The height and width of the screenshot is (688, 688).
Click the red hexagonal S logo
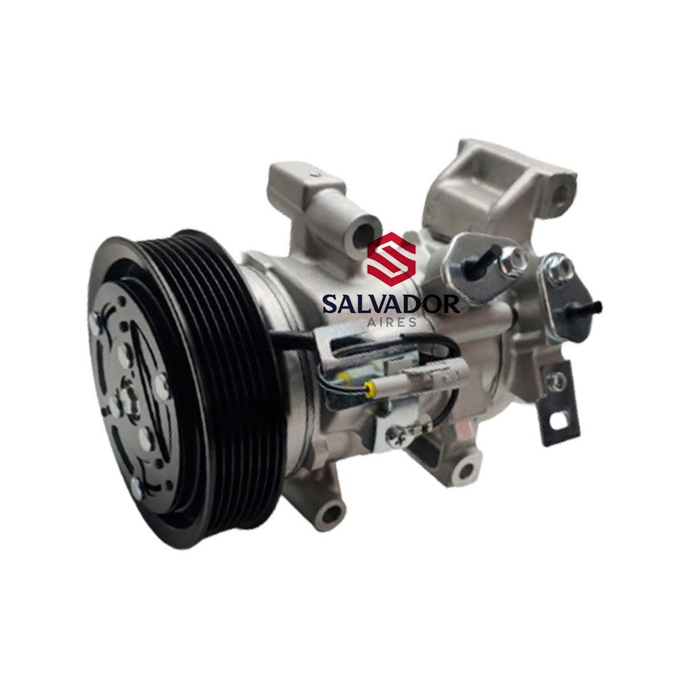tap(391, 256)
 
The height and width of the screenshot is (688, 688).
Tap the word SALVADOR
tap(391, 304)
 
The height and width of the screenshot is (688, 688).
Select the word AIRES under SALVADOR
tap(391, 322)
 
